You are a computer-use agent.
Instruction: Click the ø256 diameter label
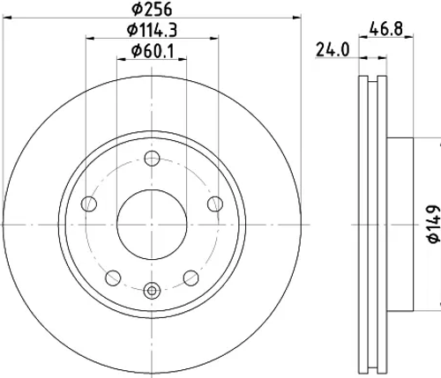coord(151,9)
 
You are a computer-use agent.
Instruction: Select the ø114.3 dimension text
coord(152,30)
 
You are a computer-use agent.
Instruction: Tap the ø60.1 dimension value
coord(153,51)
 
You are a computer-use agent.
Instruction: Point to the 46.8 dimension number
coord(385,29)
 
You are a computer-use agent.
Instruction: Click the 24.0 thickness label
coord(333,49)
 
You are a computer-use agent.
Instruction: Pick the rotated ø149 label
coord(435,224)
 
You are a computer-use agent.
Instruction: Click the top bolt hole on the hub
coord(152,159)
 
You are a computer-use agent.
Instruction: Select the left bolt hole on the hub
coord(89,204)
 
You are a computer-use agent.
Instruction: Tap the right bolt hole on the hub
coord(215,204)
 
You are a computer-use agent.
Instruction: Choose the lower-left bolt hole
coord(113,278)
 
